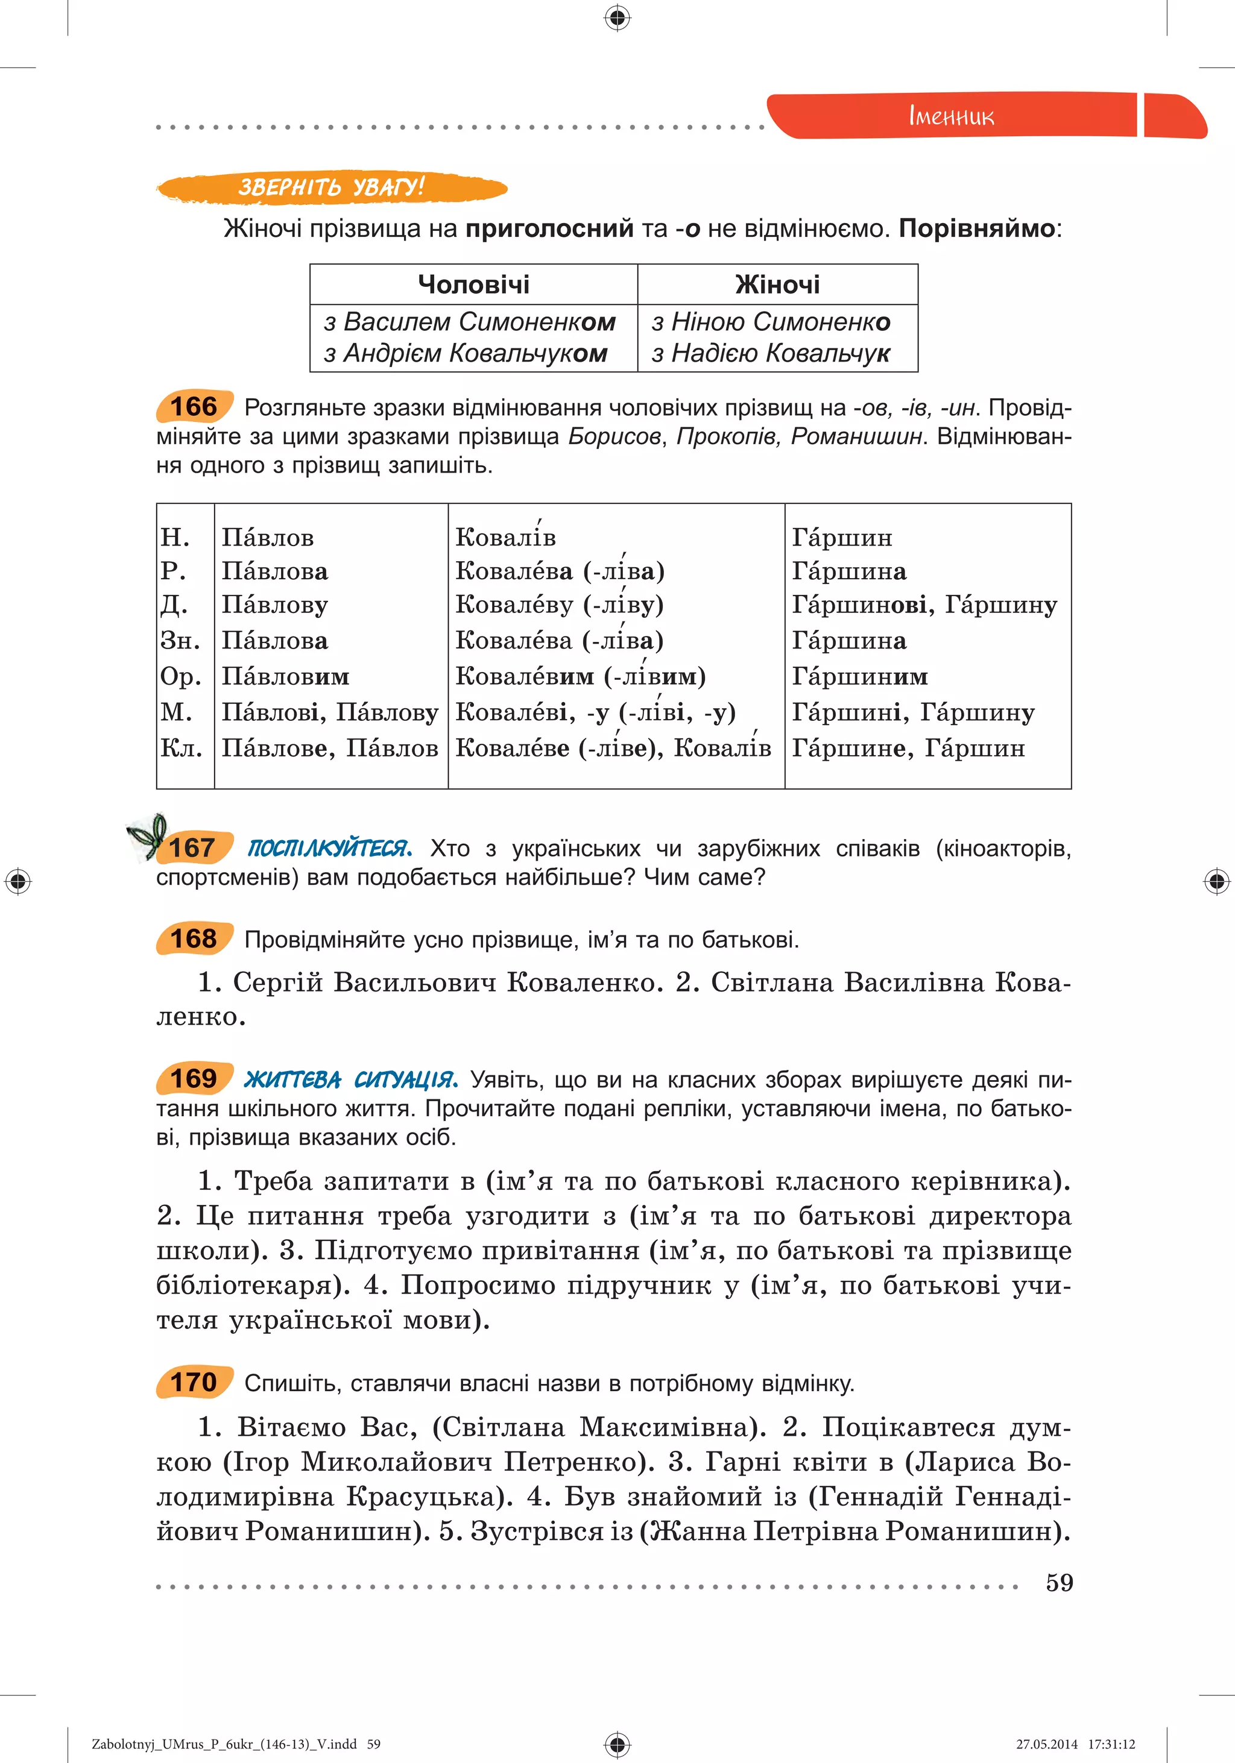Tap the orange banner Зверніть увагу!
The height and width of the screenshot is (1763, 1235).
tap(331, 187)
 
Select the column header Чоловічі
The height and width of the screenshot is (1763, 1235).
tap(473, 285)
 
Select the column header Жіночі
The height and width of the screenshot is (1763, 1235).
tap(777, 285)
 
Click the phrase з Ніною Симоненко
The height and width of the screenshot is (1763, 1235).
tap(770, 322)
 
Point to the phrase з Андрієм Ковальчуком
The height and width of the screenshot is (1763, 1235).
tap(466, 353)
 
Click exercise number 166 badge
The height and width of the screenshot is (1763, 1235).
tap(194, 406)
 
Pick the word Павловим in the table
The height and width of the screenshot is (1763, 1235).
tap(285, 676)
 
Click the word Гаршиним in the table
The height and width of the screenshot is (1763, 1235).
tap(859, 676)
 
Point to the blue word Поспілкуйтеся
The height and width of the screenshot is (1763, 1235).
tap(329, 849)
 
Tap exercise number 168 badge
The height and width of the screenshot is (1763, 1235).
tap(194, 938)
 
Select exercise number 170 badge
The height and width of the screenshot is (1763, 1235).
tap(194, 1382)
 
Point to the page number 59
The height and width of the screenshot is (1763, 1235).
tap(1059, 1583)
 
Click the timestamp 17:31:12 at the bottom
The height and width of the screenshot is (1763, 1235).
tap(1111, 1744)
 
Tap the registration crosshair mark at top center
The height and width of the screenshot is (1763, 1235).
tap(617, 17)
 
